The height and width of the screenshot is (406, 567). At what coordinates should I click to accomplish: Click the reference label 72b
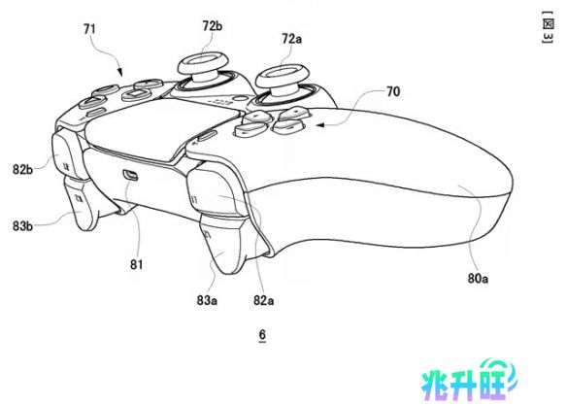[213, 26]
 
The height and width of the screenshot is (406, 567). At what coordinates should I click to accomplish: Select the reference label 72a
[291, 38]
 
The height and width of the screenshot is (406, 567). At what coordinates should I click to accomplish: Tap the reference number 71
[89, 29]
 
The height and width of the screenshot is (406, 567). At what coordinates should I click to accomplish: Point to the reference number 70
[393, 91]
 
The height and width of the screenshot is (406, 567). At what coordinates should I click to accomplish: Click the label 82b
[22, 169]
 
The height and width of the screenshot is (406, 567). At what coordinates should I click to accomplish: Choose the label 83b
[22, 226]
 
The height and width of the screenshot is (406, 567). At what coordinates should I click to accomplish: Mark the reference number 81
[136, 264]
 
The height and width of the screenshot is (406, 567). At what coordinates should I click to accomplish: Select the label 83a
[207, 300]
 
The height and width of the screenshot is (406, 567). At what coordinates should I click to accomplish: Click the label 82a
[263, 300]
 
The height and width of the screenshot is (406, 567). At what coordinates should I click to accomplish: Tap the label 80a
[478, 278]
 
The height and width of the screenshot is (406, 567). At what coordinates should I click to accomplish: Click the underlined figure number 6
[262, 335]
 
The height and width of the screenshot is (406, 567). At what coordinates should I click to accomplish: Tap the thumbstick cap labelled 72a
[283, 75]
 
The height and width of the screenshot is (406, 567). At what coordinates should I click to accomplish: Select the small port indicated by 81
[130, 175]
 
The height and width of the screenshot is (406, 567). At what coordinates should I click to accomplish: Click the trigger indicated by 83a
[221, 243]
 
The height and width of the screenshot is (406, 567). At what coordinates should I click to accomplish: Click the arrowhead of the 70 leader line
[319, 125]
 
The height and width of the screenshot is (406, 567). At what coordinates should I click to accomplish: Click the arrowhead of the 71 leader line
[120, 73]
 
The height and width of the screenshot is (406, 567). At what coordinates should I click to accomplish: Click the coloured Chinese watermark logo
[469, 383]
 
